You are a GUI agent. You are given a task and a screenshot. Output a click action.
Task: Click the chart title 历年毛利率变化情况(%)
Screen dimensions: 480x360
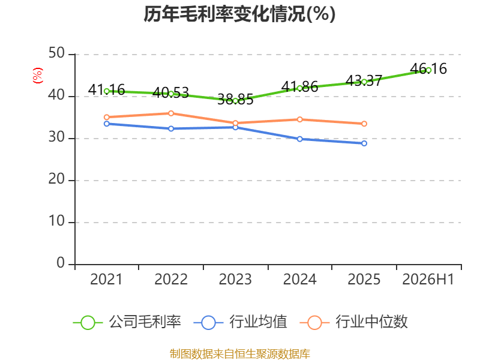pos(239,14)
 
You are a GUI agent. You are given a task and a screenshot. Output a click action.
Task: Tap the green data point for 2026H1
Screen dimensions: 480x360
pos(428,70)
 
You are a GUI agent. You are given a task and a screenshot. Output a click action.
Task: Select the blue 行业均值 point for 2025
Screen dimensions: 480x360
pos(364,143)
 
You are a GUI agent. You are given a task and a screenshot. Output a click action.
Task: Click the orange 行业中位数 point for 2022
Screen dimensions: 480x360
pos(171,113)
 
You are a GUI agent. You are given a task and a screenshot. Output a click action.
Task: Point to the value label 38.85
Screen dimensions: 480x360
pos(235,100)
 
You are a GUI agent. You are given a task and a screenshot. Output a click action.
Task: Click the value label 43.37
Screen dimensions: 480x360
pos(364,81)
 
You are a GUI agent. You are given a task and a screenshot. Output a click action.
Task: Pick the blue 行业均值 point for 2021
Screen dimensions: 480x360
pos(107,124)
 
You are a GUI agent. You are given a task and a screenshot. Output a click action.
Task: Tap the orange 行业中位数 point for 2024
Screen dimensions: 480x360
pos(299,119)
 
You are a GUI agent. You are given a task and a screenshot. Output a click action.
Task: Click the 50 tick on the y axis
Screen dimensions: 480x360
pos(56,53)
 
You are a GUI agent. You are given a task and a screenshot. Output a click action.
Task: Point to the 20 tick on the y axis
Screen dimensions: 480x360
pos(56,179)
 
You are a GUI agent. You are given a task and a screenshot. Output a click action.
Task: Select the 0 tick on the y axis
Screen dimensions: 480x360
pos(61,263)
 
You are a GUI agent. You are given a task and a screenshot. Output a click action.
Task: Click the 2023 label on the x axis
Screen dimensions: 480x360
pos(235,279)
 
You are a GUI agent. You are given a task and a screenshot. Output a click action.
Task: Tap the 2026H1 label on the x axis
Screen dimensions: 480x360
pos(428,279)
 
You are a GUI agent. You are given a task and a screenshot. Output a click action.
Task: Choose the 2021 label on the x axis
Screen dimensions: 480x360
pos(106,279)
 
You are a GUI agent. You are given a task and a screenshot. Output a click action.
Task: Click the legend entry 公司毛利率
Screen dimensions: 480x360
pos(127,322)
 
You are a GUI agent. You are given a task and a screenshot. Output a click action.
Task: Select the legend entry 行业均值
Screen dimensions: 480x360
pos(241,322)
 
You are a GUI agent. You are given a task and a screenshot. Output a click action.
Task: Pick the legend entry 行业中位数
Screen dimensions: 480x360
pos(353,322)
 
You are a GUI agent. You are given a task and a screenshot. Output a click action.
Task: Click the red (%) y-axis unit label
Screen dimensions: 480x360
pos(38,76)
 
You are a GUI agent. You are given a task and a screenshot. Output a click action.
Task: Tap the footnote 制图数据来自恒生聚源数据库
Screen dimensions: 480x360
pos(240,353)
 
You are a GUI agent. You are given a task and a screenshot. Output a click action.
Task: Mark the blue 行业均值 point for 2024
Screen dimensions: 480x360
pos(299,139)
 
